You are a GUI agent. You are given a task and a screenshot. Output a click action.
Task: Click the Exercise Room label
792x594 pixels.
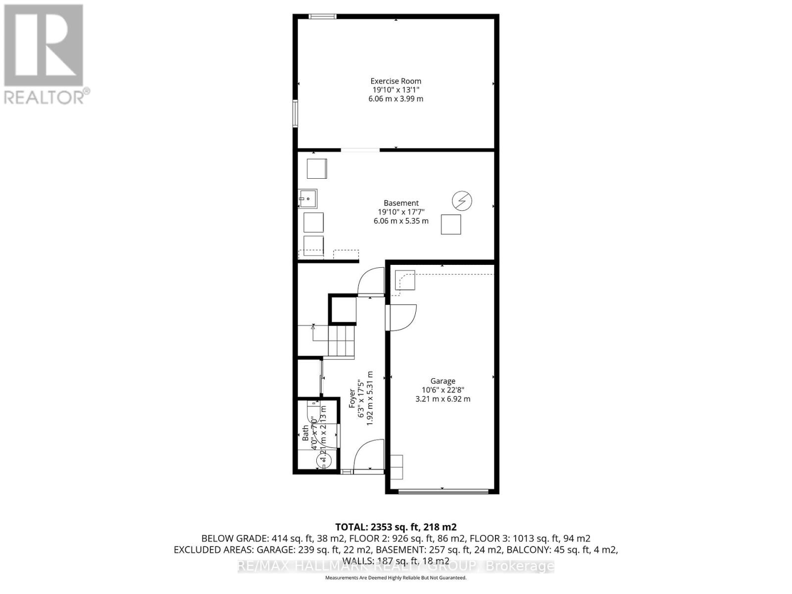coord(396,81)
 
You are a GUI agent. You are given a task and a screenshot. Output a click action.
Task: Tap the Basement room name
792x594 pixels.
coord(401,203)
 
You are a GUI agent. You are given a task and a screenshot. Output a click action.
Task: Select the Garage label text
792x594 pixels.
coord(443,381)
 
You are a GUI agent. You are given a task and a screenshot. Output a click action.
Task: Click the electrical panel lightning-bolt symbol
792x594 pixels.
coord(462,201)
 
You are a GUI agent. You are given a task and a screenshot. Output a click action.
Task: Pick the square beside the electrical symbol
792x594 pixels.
coord(451,224)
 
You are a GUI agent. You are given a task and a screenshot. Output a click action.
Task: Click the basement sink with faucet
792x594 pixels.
coord(307,198)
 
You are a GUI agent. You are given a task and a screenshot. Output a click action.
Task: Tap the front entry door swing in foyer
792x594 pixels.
coord(369,454)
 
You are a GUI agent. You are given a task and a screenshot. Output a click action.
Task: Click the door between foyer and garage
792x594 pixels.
coord(402,317)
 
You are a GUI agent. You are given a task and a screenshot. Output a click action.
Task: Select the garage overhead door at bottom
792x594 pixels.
coord(443,491)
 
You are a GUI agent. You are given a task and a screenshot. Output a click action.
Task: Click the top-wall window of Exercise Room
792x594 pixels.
coord(322,17)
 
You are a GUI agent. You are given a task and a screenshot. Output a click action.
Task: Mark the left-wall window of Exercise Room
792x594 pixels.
coord(295,113)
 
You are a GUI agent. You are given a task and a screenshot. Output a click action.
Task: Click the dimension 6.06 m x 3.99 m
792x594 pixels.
coord(396,99)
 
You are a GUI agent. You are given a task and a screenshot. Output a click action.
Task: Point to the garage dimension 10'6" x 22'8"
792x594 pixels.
coord(443,390)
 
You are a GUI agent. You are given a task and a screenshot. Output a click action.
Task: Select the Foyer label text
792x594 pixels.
coord(352,398)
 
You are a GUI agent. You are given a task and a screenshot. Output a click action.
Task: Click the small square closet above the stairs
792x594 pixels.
coord(343,309)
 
